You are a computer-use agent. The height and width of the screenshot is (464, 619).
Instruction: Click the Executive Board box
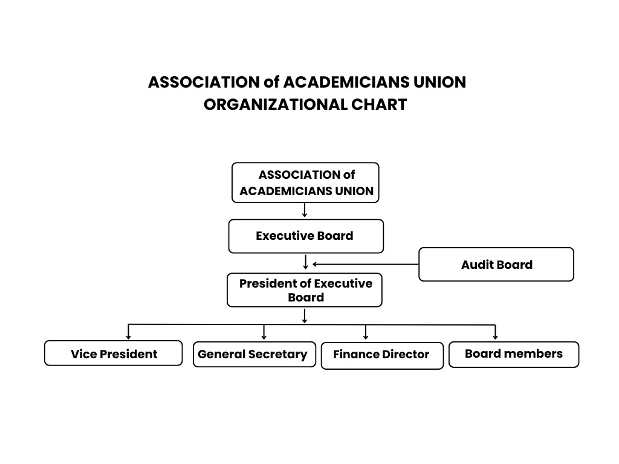coord(305,236)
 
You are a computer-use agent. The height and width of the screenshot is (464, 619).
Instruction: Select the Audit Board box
coord(496,265)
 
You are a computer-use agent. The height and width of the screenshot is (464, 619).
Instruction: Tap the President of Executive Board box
coord(305,290)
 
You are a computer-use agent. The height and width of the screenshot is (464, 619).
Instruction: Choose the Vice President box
coord(113,353)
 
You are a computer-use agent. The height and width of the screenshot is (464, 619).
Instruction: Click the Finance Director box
coord(381,355)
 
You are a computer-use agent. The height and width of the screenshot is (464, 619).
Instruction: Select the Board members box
coord(513,354)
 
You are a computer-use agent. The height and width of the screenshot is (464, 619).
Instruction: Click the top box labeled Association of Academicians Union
coord(305,182)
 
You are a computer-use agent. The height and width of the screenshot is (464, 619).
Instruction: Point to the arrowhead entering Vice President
coord(128,336)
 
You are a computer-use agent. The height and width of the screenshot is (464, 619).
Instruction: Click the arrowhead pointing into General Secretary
coord(264,336)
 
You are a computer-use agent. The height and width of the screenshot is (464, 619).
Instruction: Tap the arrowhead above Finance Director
coord(366,336)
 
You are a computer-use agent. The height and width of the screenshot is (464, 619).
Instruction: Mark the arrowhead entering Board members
coord(495,336)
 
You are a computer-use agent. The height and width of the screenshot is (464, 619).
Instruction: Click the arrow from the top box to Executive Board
coord(305,211)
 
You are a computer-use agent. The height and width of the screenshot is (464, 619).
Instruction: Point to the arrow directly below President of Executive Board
coord(305,316)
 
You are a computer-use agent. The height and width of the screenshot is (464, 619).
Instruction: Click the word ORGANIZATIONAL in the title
coord(275,105)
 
